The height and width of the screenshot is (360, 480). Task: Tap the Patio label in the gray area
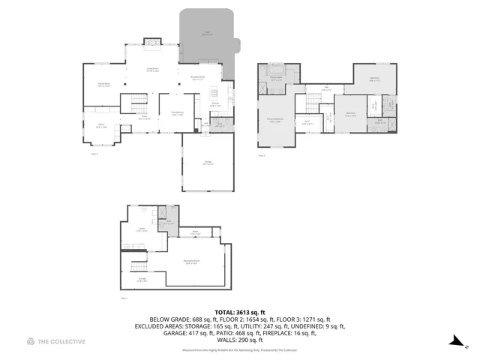tap(207, 33)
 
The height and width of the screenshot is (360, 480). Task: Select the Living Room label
tap(151, 70)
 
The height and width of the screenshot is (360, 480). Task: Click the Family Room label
tap(104, 84)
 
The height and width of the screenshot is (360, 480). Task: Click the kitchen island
tap(214, 94)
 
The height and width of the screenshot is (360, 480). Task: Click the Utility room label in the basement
tap(141, 230)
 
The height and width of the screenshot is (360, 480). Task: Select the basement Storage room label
tap(141, 280)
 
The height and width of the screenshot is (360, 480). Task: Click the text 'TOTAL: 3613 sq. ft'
tap(239, 310)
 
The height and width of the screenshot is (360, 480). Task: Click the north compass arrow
tap(455, 342)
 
